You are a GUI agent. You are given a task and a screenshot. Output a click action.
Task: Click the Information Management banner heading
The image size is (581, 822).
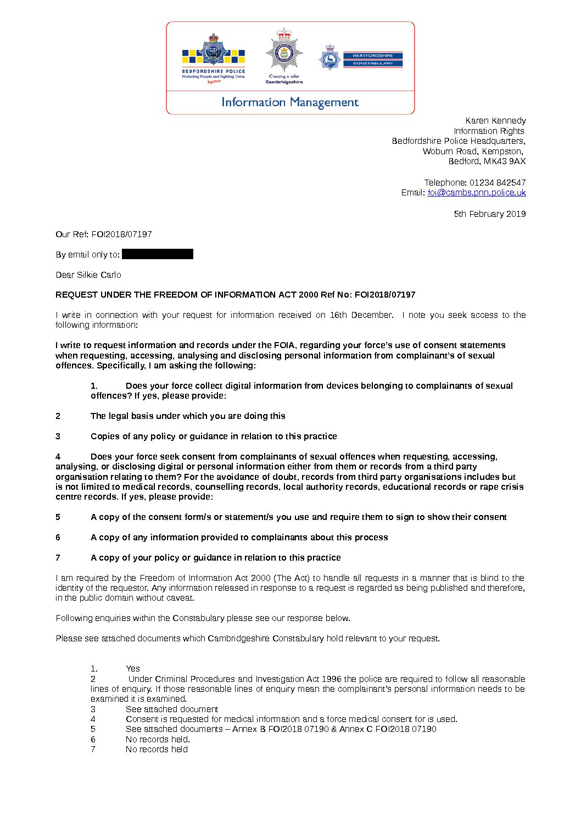290,102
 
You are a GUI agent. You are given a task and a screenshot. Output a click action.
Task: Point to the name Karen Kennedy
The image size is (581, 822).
495,121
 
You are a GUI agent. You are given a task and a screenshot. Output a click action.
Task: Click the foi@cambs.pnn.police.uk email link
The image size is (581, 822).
477,193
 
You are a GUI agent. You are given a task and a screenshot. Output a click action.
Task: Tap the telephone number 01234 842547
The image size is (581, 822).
497,182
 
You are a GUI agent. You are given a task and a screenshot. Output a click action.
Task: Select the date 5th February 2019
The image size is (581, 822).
489,214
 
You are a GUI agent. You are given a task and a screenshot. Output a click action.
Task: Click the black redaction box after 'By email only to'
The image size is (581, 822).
158,254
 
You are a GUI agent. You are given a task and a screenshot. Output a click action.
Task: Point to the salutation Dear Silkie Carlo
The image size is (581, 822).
88,275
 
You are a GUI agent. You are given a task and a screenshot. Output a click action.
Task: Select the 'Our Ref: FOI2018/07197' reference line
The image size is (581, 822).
104,234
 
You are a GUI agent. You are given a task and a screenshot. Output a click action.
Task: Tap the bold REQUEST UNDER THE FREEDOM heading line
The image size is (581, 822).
235,295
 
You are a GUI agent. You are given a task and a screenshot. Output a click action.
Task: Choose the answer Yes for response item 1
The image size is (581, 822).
133,669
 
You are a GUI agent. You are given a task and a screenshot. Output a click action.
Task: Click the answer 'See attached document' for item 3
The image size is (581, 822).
171,709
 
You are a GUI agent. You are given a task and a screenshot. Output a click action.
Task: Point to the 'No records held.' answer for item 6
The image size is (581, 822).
158,740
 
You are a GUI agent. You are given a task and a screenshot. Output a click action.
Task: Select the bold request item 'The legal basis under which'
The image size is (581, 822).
188,416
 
